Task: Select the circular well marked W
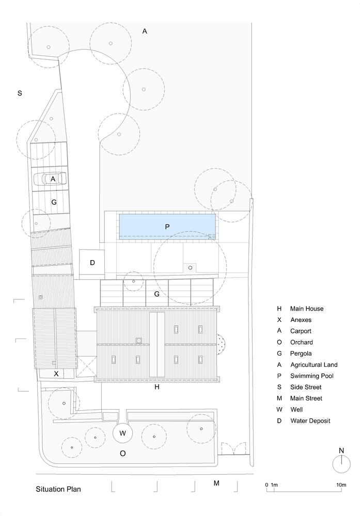click(122, 433)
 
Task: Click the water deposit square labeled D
click(92, 262)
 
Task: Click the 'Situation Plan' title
click(58, 489)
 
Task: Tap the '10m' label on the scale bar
click(341, 485)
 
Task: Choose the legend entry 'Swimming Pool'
click(311, 376)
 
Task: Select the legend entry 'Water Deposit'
click(310, 421)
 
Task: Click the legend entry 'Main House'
click(307, 309)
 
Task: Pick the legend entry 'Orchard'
click(301, 342)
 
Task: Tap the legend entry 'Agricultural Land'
click(314, 365)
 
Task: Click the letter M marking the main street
click(216, 483)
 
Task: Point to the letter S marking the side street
click(20, 93)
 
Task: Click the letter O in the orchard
click(122, 454)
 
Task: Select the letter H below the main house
click(157, 387)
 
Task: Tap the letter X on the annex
click(56, 374)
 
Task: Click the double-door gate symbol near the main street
click(233, 448)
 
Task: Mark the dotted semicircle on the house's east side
click(220, 344)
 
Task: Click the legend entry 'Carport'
click(301, 331)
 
